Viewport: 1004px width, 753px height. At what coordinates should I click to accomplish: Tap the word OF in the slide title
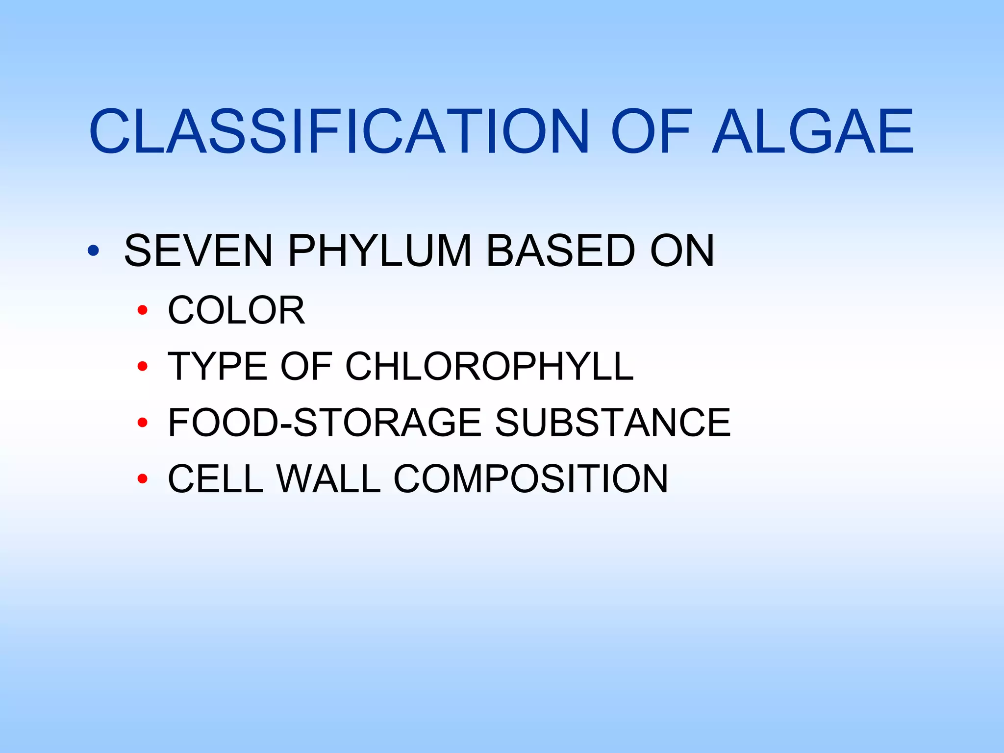[651, 131]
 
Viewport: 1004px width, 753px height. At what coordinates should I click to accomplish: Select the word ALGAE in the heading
[813, 131]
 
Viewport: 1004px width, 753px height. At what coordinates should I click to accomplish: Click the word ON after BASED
[682, 251]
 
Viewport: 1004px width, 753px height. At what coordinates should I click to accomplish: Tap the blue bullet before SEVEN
[93, 251]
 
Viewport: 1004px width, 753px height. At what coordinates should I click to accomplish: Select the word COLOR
[236, 310]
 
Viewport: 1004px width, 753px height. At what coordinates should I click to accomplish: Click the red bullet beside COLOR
[143, 310]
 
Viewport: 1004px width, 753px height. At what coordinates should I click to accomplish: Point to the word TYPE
[218, 366]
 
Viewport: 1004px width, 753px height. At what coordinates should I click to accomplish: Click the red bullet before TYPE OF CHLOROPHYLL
[143, 366]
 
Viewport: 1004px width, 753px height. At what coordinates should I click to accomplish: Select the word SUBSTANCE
[613, 422]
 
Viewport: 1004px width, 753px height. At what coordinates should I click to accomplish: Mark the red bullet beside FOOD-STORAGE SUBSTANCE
[143, 423]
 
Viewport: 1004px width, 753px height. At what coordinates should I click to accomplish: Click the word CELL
[216, 478]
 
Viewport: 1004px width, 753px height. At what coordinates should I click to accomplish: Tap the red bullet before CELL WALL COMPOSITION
[143, 478]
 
